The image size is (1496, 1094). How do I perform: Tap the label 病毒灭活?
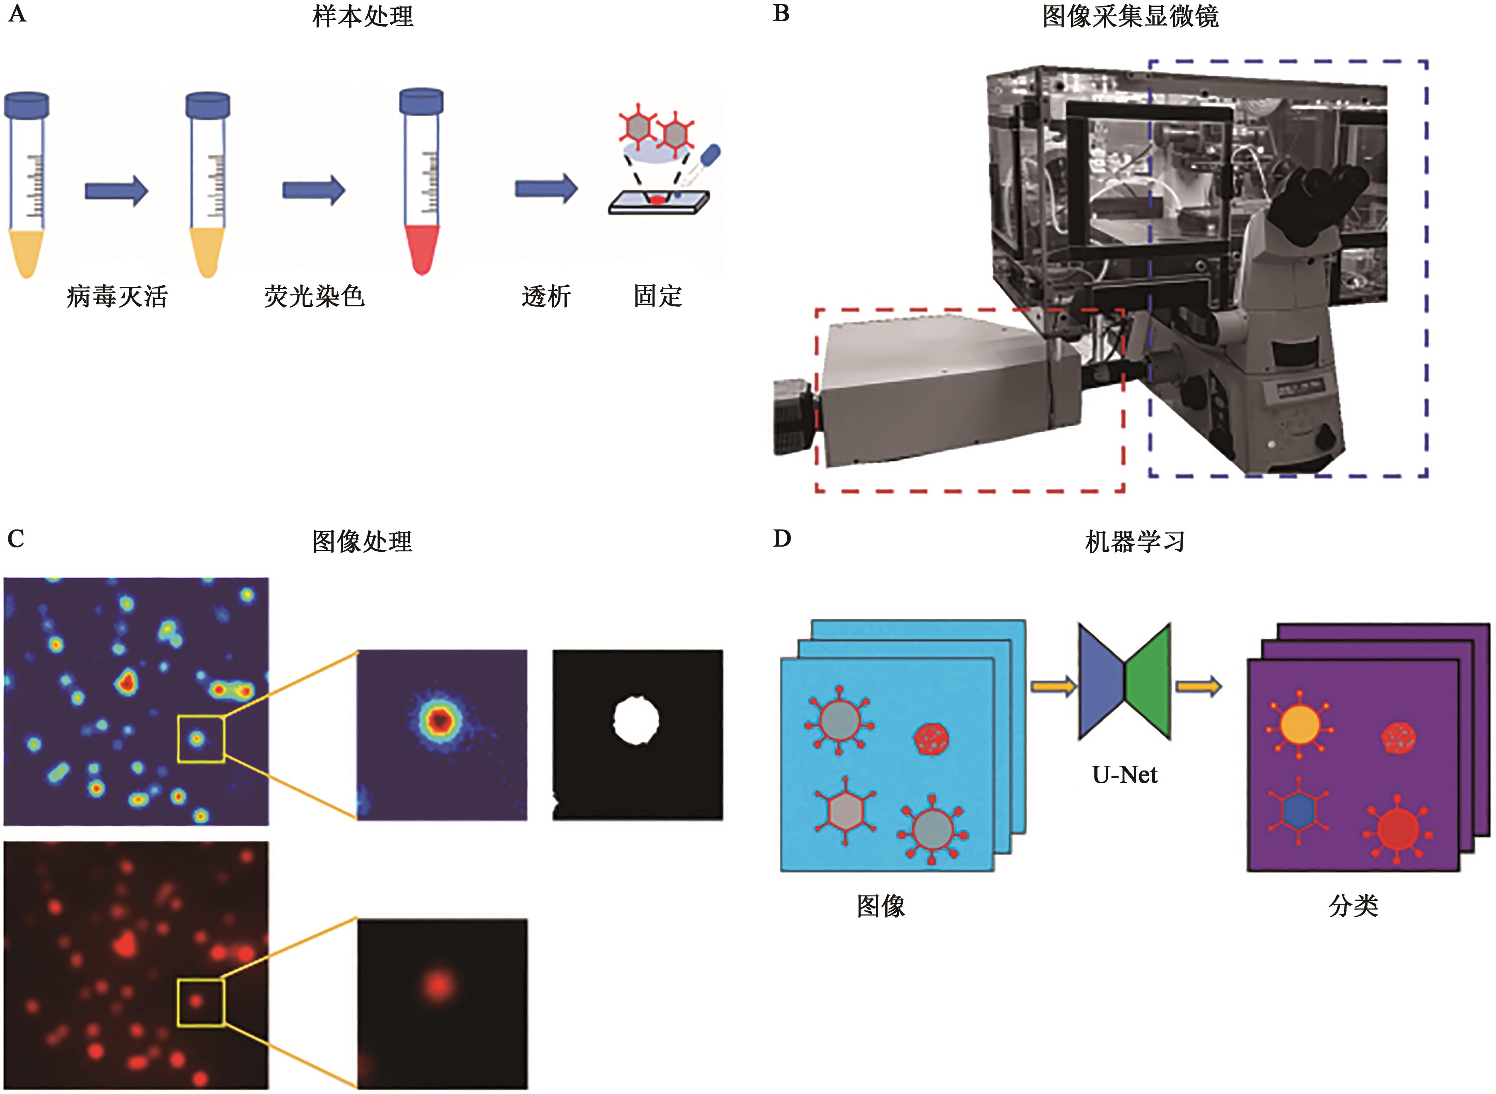(117, 296)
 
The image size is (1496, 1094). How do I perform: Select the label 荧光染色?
(314, 296)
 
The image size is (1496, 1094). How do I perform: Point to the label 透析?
(546, 296)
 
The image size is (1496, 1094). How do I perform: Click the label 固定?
(657, 296)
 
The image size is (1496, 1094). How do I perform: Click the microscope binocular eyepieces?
(1332, 192)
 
